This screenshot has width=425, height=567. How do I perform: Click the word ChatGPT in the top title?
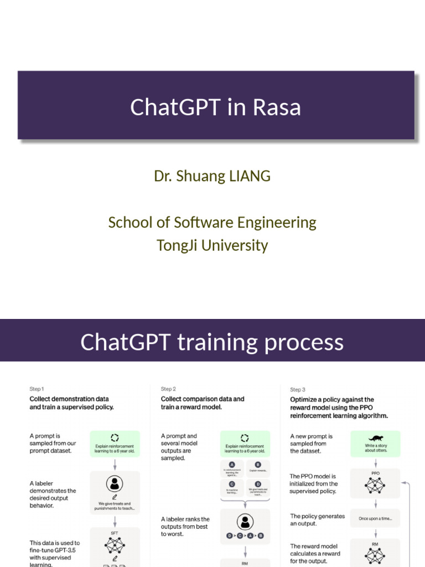[175, 107]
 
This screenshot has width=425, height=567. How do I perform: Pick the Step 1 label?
[37, 389]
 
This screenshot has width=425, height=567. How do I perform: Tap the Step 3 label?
[298, 390]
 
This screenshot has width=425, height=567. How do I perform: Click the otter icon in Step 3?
[376, 437]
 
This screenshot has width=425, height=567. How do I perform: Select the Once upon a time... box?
[376, 519]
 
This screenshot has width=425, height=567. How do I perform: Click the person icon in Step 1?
[115, 483]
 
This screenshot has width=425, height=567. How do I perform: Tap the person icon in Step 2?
[245, 522]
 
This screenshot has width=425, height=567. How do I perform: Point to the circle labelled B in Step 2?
[258, 465]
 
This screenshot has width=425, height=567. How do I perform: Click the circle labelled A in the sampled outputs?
[232, 465]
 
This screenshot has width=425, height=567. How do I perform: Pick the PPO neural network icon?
[376, 486]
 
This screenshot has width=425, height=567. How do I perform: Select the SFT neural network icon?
[115, 545]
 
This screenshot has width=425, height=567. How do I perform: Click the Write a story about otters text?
[376, 447]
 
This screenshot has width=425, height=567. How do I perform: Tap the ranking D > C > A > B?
[245, 536]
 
